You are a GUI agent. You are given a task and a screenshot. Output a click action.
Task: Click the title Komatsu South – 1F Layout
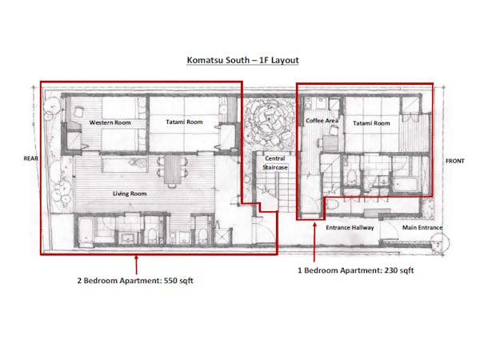[242, 60]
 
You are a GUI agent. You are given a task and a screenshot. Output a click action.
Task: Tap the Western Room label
[110, 122]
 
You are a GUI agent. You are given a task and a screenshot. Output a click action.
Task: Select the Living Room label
[130, 194]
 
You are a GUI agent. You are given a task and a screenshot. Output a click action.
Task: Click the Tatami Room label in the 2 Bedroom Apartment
[184, 122]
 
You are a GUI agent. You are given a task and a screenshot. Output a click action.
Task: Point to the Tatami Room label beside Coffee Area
[371, 123]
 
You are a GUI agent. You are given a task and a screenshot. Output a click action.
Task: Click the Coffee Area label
[322, 121]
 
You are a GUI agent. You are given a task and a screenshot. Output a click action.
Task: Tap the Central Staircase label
[275, 163]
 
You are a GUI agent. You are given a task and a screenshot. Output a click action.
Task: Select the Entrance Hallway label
[350, 227]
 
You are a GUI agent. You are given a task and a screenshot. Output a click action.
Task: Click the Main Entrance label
[422, 227]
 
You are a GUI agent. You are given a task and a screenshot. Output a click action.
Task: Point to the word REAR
[31, 158]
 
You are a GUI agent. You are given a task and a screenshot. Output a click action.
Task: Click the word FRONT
[455, 161]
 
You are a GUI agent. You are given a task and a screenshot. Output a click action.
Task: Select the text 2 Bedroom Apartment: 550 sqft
[135, 281]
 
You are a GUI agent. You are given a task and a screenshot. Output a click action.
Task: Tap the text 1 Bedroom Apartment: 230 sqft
[356, 270]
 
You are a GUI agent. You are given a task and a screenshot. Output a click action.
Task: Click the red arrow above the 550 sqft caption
[136, 265]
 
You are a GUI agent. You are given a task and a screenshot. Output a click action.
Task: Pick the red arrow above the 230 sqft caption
[314, 242]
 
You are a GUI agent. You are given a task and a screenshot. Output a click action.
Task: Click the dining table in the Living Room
[172, 170]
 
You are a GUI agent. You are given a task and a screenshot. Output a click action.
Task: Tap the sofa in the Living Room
[125, 164]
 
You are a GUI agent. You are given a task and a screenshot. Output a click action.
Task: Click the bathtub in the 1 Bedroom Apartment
[405, 184]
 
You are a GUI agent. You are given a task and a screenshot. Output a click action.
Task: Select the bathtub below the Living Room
[86, 230]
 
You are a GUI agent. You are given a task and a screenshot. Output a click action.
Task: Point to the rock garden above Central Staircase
[270, 122]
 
